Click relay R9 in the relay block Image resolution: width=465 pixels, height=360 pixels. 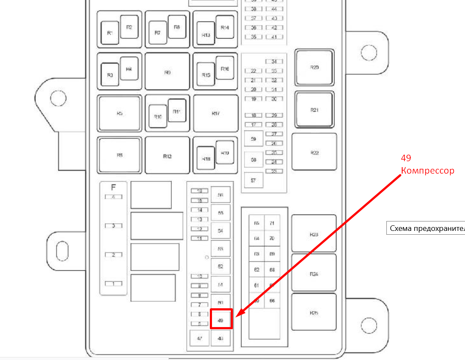tap(167, 73)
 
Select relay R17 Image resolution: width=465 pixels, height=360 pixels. tap(215, 113)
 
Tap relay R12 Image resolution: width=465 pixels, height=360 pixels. tap(167, 156)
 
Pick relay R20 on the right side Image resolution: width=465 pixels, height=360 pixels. tap(314, 68)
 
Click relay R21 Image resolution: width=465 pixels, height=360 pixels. tap(314, 110)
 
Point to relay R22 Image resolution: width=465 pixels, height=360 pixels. tap(314, 152)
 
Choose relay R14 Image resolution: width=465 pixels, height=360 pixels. tap(225, 27)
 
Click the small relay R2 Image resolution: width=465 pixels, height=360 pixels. tap(129, 27)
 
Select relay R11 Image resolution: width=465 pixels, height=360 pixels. tap(177, 111)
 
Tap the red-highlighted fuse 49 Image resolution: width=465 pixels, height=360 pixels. tap(221, 319)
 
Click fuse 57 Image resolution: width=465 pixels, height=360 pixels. tap(253, 180)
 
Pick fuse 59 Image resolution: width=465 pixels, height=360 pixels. tap(253, 139)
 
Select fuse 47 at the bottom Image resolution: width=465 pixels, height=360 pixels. tap(199, 339)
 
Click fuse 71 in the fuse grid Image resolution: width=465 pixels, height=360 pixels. tap(272, 223)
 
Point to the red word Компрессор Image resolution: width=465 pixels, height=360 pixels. tap(427, 171)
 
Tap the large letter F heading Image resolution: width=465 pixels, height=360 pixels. tap(113, 187)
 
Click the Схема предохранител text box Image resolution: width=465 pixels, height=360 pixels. tap(426, 228)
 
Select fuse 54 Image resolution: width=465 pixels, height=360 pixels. tap(221, 230)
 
